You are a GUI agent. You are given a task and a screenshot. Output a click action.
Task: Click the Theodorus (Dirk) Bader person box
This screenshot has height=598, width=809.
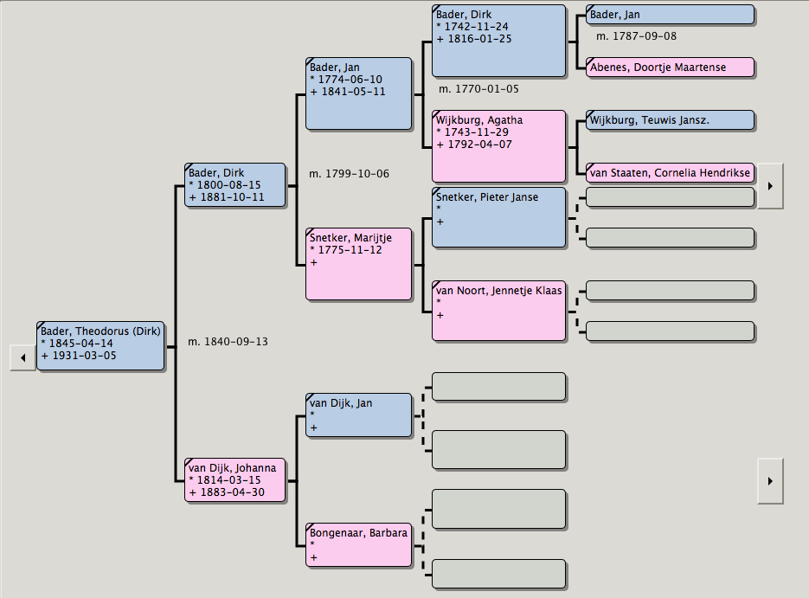(x=100, y=345)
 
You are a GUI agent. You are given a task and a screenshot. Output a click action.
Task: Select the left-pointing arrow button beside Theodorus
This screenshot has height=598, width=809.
(x=22, y=357)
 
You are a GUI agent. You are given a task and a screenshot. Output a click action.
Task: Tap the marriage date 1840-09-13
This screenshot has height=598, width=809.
(x=228, y=342)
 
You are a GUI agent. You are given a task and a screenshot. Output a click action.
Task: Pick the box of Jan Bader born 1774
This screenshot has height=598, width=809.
(x=359, y=93)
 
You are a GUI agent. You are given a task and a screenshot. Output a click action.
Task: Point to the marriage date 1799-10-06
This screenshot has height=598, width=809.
(x=349, y=174)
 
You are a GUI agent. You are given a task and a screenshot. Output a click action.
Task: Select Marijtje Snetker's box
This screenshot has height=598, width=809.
(x=359, y=263)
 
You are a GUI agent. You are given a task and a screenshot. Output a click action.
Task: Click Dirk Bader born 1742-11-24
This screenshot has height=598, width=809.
(x=498, y=41)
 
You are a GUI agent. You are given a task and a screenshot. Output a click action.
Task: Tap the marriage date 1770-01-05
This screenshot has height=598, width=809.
(x=478, y=88)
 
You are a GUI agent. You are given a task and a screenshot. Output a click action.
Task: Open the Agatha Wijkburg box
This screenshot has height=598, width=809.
(x=498, y=145)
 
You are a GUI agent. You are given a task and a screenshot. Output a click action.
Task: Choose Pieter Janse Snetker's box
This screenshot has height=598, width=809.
(x=498, y=216)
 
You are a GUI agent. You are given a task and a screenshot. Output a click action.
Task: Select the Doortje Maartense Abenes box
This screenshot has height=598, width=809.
(x=670, y=67)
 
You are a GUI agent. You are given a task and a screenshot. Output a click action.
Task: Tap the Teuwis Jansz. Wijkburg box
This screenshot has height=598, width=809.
(x=670, y=120)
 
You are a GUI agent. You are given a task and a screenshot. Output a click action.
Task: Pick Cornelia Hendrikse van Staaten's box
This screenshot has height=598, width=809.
(x=670, y=172)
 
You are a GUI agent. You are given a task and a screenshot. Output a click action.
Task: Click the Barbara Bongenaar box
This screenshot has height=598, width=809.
(x=359, y=544)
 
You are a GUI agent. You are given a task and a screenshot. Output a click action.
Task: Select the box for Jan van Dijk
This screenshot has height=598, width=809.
(x=359, y=415)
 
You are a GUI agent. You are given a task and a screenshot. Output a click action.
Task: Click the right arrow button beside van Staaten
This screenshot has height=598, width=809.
(x=770, y=185)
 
